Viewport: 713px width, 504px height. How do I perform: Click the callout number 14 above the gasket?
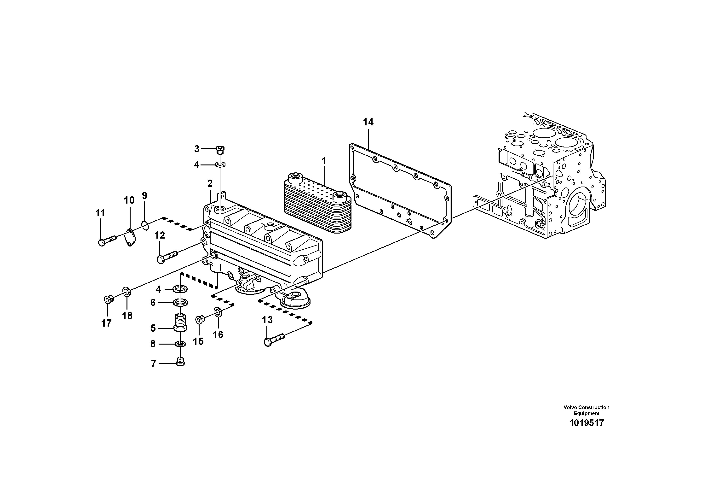[x=368, y=123]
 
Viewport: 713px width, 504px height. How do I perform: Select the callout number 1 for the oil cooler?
[x=324, y=161]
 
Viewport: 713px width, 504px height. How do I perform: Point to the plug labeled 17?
[x=108, y=299]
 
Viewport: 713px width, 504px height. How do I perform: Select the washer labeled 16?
[x=218, y=312]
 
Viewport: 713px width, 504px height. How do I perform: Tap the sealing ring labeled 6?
[x=180, y=302]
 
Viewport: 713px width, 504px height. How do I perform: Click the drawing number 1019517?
[x=586, y=423]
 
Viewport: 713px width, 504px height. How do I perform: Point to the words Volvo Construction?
[x=586, y=407]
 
